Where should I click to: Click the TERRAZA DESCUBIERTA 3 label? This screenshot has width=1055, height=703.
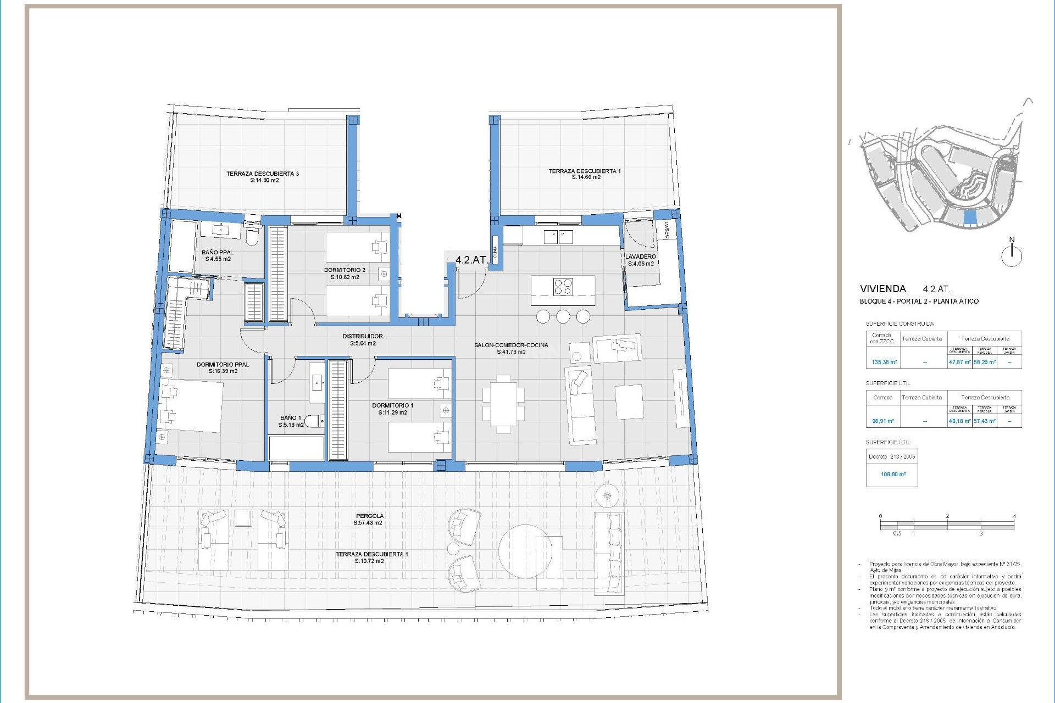[x=263, y=174]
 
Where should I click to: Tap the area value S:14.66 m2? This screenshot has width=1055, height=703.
[x=586, y=177]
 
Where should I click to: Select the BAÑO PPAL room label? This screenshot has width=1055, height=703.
[x=218, y=253]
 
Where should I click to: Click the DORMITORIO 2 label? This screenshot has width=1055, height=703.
[x=345, y=270]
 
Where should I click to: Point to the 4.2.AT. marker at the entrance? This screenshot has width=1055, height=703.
[x=471, y=260]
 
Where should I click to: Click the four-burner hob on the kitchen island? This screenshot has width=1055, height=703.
[x=563, y=287]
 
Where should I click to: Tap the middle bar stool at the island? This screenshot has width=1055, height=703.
[x=563, y=316]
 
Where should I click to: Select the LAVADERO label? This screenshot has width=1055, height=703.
[x=640, y=256]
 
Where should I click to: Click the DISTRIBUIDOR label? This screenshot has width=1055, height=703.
[x=363, y=336]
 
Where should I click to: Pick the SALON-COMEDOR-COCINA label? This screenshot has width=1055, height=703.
[x=511, y=345]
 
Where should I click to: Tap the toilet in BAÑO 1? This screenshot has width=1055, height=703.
[x=313, y=421]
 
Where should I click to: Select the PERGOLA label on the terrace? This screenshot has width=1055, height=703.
[x=369, y=516]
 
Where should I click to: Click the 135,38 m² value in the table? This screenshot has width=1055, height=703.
[x=884, y=362]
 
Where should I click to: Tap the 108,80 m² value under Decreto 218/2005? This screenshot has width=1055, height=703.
[x=893, y=474]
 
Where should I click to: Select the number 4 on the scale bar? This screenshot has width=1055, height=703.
[x=1014, y=516]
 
